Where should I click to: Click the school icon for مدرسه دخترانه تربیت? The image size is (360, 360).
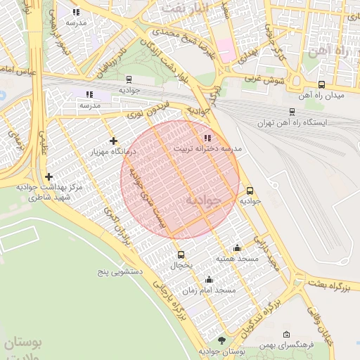[x=206, y=138]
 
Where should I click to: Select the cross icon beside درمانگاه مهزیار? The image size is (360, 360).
[x=114, y=141]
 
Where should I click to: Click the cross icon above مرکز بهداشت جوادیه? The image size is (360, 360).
[x=48, y=177]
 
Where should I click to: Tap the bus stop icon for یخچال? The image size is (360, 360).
[x=181, y=255]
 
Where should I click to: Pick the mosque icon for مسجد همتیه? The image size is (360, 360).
[x=237, y=247]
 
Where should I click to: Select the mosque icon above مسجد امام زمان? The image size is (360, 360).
[x=209, y=279]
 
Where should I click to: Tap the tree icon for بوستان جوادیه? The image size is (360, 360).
[x=223, y=340]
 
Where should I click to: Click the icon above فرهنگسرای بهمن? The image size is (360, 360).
[x=285, y=335]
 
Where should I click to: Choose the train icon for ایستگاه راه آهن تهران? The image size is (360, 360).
[x=292, y=111]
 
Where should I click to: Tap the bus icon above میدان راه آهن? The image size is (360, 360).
[x=321, y=84]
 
